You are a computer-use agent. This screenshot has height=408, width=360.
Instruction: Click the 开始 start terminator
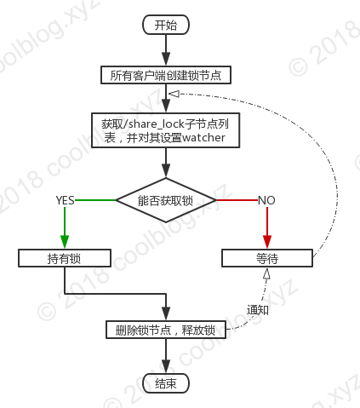(x=166, y=25)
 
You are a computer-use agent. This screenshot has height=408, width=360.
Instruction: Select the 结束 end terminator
(x=166, y=383)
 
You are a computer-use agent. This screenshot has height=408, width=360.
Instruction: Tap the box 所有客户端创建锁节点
(x=166, y=75)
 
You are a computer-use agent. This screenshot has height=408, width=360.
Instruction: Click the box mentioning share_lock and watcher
(x=166, y=130)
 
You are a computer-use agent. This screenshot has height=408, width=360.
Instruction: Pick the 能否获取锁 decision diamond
(x=166, y=200)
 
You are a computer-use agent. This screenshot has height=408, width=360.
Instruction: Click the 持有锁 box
(x=65, y=258)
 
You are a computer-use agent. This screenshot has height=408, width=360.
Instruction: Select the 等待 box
(x=267, y=258)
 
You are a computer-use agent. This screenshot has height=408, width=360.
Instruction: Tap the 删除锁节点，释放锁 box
(x=166, y=330)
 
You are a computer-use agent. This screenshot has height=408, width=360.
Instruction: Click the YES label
(x=65, y=200)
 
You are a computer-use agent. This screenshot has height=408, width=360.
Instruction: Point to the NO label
(x=266, y=200)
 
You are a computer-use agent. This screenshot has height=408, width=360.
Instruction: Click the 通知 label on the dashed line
(x=258, y=309)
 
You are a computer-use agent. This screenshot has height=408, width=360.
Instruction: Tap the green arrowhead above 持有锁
(x=65, y=242)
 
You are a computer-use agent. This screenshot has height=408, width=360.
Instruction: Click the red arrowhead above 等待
(x=267, y=242)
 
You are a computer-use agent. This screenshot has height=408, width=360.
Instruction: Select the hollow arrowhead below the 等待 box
(x=266, y=273)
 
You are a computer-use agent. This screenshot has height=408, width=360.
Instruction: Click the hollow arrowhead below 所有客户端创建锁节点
(x=174, y=94)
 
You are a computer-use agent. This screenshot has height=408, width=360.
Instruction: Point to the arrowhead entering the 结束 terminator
(x=166, y=367)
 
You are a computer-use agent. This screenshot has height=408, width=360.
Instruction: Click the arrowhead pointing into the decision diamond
(x=166, y=170)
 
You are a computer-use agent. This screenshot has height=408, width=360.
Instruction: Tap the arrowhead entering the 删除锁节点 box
(x=166, y=313)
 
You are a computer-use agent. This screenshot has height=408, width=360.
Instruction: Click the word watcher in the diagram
(x=203, y=138)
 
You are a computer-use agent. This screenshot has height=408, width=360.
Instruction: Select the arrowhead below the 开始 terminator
(x=166, y=59)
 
